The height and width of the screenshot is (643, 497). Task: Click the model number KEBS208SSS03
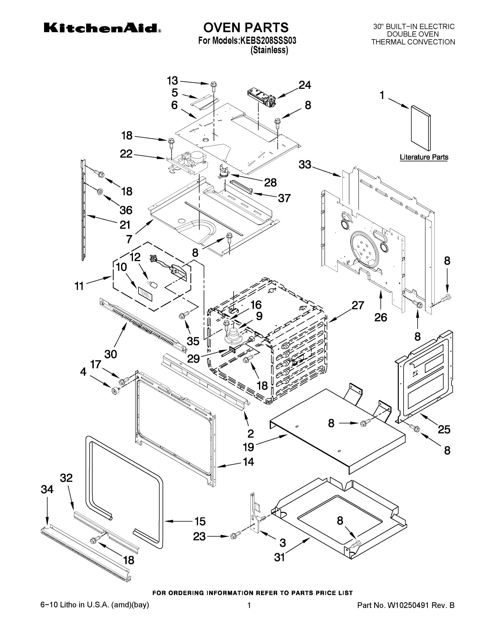coord(268,41)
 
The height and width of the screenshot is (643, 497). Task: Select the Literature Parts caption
coord(424,157)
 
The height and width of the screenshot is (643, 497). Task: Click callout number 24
coord(305,85)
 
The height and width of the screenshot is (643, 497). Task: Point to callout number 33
coord(305,165)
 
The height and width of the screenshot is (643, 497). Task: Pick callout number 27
coord(358,305)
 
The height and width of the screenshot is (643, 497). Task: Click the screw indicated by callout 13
coord(213,86)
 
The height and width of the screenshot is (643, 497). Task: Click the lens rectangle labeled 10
coord(146,294)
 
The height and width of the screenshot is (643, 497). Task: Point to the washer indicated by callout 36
coord(100,192)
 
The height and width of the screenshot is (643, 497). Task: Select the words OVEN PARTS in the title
coord(246,27)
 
